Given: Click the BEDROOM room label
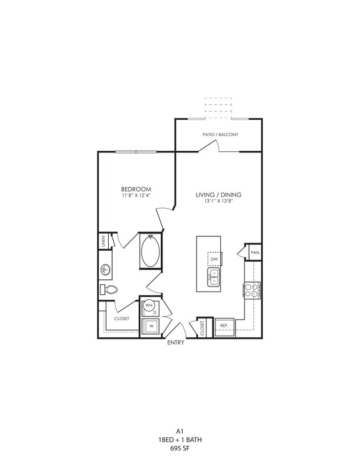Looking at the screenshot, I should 136,189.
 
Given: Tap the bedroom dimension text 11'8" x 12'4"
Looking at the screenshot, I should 136,195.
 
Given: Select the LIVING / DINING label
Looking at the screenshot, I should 219,195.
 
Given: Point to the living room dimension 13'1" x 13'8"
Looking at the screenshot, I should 219,202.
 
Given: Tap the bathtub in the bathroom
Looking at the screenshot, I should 150,251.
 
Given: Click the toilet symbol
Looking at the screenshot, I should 109,289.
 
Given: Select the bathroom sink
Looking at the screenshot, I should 105,270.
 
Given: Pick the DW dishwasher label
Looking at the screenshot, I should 214,258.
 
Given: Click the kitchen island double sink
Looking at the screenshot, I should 214,277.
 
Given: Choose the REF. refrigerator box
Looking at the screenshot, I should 224,326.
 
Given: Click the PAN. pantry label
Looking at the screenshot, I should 255,252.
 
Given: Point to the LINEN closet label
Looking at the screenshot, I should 103,241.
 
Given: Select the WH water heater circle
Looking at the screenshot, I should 149,305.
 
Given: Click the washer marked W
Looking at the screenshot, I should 150,327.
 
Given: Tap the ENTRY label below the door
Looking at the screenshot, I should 176,343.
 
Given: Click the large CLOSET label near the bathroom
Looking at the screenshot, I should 121,319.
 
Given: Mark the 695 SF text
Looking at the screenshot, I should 179,448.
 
